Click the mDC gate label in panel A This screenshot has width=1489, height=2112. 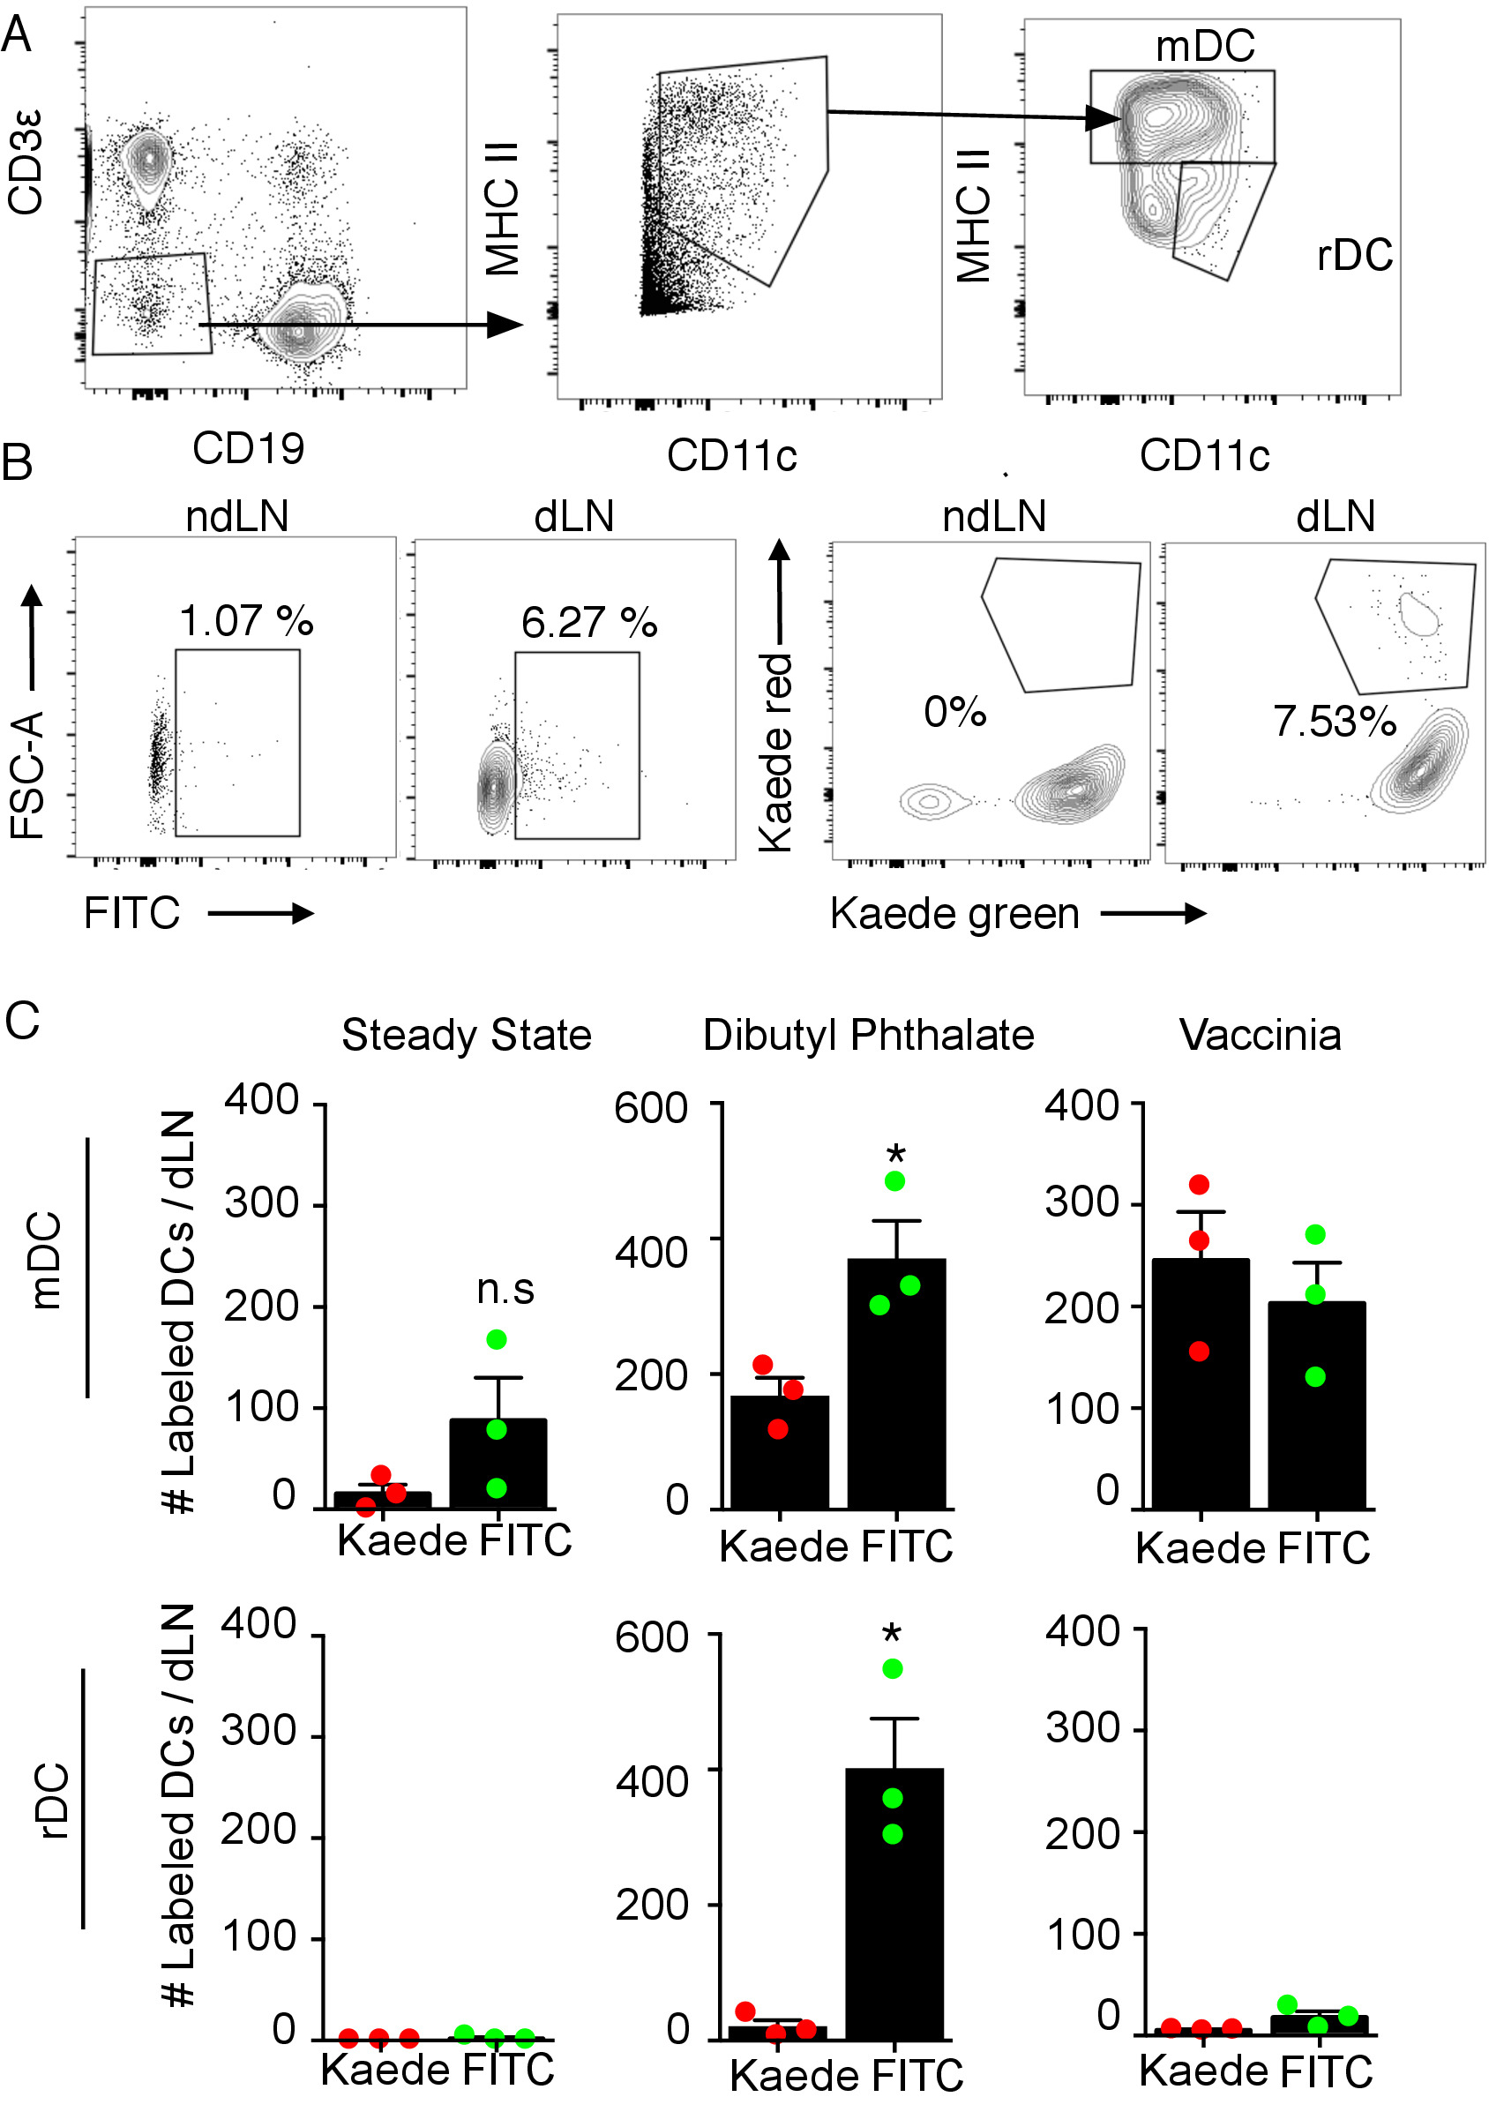pyautogui.click(x=1205, y=46)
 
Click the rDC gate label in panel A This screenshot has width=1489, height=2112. pyautogui.click(x=1354, y=255)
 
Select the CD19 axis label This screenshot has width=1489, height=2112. pyautogui.click(x=249, y=449)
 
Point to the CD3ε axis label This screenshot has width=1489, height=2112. pyautogui.click(x=26, y=163)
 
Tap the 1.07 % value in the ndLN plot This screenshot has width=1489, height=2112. pyautogui.click(x=246, y=621)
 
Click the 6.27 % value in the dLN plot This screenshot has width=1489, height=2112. pyautogui.click(x=588, y=623)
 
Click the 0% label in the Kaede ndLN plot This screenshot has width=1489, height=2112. pyautogui.click(x=954, y=712)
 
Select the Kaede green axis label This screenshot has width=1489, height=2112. pyautogui.click(x=954, y=914)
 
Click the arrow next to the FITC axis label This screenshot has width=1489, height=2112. pyautogui.click(x=261, y=913)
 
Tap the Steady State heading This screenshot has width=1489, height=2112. pyautogui.click(x=467, y=1035)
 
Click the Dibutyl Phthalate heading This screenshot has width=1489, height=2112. pyautogui.click(x=868, y=1035)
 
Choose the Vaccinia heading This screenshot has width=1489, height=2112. pyautogui.click(x=1260, y=1035)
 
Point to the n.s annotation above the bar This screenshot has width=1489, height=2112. pyautogui.click(x=505, y=1290)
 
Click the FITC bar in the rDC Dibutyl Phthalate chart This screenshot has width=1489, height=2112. pyautogui.click(x=894, y=1905)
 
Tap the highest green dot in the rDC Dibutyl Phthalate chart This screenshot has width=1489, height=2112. pyautogui.click(x=892, y=1668)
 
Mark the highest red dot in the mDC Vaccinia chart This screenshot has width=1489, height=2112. pyautogui.click(x=1200, y=1185)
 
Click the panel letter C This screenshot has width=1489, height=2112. pyautogui.click(x=22, y=1020)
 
